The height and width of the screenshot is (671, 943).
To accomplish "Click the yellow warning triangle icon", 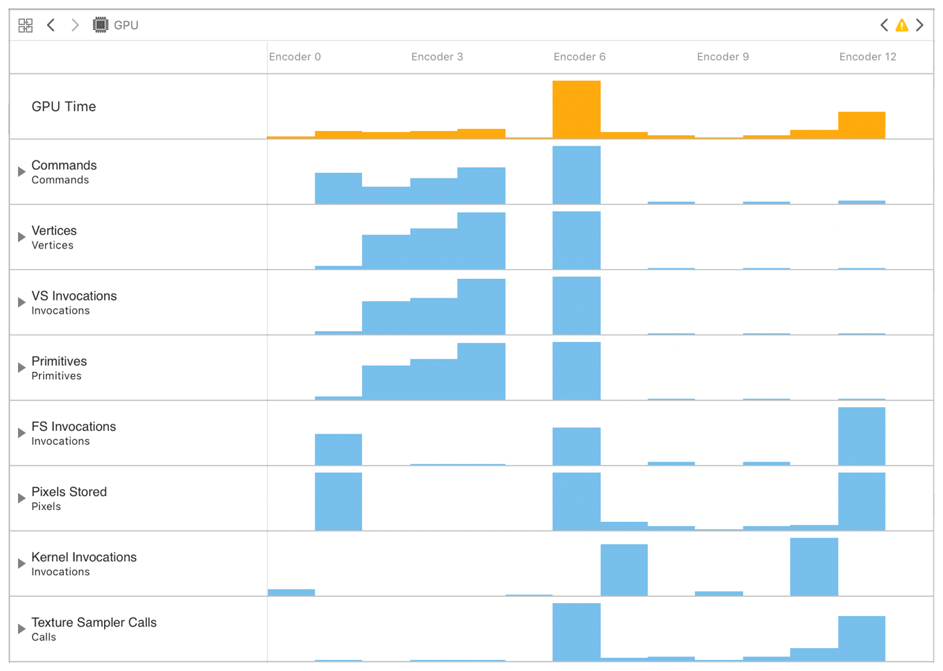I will click(901, 26).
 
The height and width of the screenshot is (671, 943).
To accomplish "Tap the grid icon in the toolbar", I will click(26, 26).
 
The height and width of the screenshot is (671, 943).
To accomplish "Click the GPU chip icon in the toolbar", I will click(101, 26).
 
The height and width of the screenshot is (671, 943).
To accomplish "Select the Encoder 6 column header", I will click(579, 57).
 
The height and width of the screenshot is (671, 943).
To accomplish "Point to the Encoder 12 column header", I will click(867, 57).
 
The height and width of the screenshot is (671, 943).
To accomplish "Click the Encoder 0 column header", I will click(295, 57).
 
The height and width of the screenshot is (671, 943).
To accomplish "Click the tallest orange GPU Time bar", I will click(576, 110).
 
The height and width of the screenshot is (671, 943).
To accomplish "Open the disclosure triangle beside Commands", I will click(21, 171).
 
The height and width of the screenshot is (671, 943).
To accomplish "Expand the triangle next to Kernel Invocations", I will click(21, 563).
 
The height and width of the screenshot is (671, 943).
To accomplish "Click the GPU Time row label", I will click(64, 107).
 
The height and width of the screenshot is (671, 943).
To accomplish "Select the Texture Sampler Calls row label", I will click(94, 623).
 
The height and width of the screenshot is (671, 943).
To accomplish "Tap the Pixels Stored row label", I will click(69, 492).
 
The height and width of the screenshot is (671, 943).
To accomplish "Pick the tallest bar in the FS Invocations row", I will click(861, 436).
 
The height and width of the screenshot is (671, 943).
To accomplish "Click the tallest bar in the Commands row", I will click(576, 175).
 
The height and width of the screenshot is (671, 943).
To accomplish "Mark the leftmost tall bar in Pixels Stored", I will click(338, 502).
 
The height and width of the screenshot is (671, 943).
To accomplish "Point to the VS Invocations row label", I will click(73, 296).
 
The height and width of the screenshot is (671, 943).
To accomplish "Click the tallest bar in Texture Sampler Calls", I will click(576, 632).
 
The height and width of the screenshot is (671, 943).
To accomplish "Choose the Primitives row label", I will click(59, 362).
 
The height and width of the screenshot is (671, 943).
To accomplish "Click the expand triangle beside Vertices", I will click(21, 237).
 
